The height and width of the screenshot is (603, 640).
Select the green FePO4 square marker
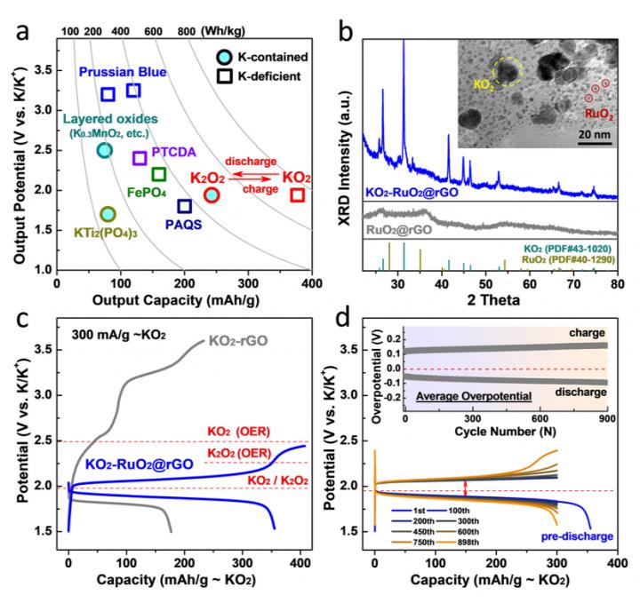tap(159, 174)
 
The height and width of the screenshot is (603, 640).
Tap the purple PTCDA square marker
tap(140, 158)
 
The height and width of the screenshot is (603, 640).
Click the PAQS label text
tap(183, 226)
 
